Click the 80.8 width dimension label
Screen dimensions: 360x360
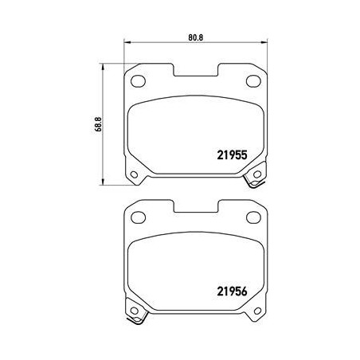[x=196, y=37]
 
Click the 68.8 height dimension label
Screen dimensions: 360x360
[x=99, y=124]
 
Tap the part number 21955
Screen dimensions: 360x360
[x=232, y=155]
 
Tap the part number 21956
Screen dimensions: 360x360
[x=232, y=292]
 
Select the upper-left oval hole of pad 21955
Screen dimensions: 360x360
[x=138, y=80]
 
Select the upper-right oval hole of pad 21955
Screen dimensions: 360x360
[x=253, y=80]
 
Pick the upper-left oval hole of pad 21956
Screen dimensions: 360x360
[x=138, y=217]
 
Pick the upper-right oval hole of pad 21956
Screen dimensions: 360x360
[x=253, y=217]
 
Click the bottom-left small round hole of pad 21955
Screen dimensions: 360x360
[x=135, y=174]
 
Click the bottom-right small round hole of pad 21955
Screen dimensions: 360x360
[x=257, y=174]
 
